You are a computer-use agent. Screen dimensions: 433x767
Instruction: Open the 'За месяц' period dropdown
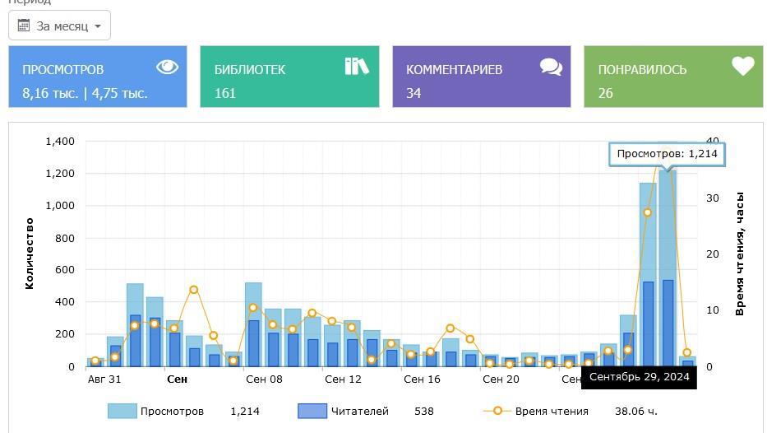point(59,26)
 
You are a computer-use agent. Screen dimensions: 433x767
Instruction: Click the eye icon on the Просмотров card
point(167,67)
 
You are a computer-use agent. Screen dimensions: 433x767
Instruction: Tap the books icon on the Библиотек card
point(357,66)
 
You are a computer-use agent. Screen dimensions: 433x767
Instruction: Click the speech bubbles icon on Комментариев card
point(551,67)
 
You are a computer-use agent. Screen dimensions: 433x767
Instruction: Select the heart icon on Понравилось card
point(743,66)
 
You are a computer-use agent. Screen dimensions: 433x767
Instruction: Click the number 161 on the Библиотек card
point(225,93)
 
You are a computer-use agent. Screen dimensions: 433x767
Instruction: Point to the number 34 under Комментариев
point(414,93)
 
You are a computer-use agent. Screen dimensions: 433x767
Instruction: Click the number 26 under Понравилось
point(606,93)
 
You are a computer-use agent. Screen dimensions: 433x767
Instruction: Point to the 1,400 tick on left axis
point(60,142)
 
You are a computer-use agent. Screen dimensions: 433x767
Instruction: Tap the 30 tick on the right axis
point(712,198)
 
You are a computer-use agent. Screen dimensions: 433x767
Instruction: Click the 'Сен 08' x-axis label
point(264,379)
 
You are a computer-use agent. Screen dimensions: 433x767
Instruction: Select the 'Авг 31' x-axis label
point(104,379)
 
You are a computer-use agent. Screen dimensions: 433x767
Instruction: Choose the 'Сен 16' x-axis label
point(422,379)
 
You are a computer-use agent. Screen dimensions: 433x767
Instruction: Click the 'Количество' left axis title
point(30,254)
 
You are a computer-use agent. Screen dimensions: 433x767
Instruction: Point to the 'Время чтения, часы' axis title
point(740,254)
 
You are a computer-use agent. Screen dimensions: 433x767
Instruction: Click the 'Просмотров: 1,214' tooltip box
point(667,154)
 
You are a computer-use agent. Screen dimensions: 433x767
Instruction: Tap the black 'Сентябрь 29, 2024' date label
point(639,377)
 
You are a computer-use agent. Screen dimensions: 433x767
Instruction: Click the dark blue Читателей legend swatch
point(312,411)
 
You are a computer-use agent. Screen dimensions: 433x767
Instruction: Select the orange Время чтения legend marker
point(497,411)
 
